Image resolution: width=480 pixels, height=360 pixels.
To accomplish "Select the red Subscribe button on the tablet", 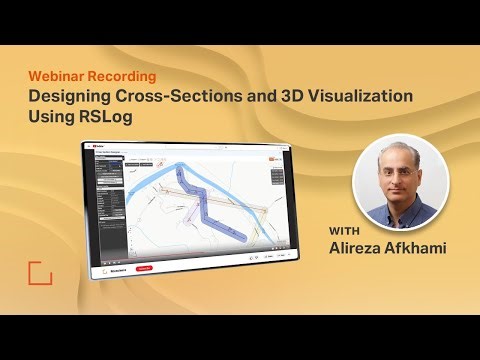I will click(144, 268).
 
